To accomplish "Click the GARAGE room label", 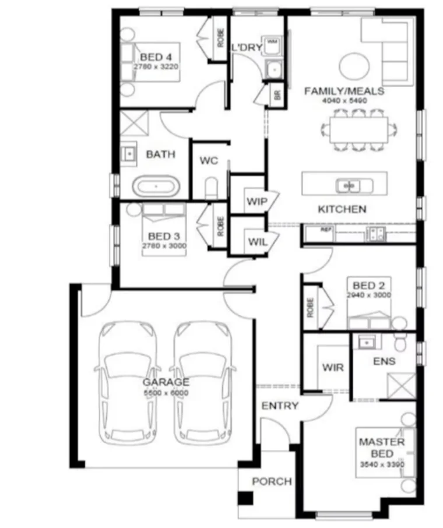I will pos(167,382).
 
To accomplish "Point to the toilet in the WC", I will pos(211,188).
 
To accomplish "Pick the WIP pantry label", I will pos(255,202).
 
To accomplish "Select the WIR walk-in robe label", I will pos(333,368).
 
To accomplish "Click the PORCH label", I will pos(272,482).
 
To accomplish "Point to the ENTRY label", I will pos(280,406).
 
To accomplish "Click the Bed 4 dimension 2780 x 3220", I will pos(156,67).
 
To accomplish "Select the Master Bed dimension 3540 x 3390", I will pos(382,464).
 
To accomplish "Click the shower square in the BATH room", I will pos(134,124).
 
